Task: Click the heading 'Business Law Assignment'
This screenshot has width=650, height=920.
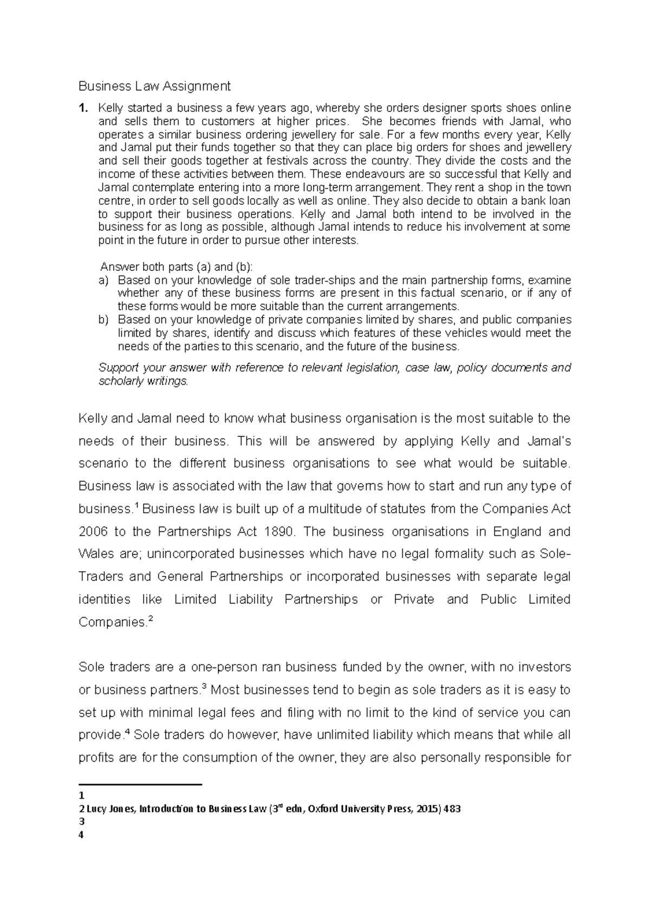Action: [154, 86]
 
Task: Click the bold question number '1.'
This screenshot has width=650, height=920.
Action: [82, 108]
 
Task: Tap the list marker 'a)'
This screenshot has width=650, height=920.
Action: [103, 280]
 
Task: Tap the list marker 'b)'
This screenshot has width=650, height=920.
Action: [103, 320]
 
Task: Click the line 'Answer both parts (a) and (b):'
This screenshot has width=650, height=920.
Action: [177, 267]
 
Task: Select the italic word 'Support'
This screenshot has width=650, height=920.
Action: [116, 368]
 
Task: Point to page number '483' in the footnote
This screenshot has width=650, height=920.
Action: [452, 809]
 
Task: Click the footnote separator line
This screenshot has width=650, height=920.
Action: [140, 784]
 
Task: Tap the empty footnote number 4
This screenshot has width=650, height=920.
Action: [81, 835]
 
